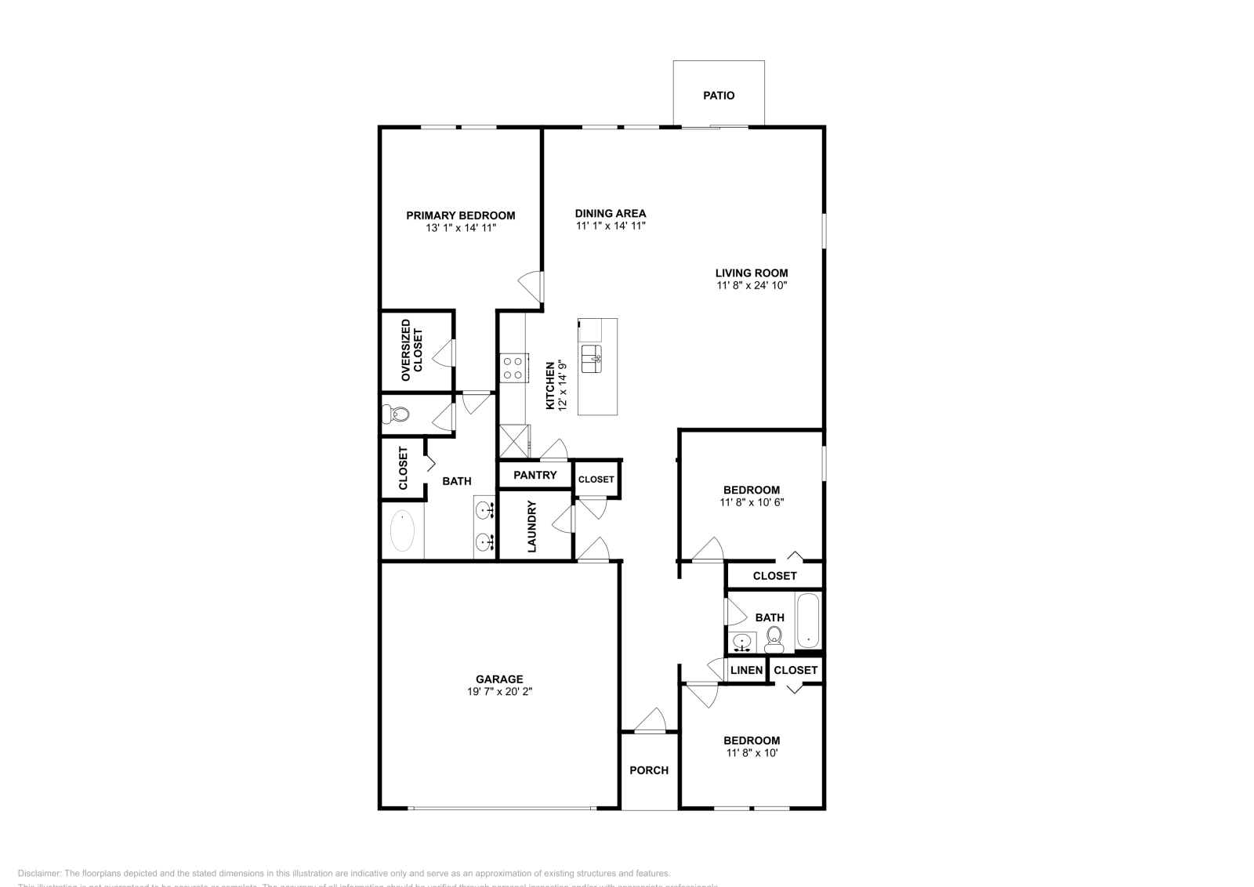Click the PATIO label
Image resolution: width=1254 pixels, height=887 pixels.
click(x=719, y=96)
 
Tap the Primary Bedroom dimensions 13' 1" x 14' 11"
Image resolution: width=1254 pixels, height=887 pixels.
click(x=460, y=228)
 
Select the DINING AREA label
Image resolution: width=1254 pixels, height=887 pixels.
click(x=610, y=213)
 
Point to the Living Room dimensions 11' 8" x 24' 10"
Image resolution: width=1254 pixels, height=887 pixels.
click(x=751, y=286)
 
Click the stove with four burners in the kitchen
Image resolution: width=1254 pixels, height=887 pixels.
click(x=513, y=367)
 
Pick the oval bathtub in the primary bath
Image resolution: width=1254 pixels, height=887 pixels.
click(x=403, y=531)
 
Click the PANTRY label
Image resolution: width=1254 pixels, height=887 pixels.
click(x=535, y=475)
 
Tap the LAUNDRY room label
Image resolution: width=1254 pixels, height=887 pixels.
click(x=531, y=527)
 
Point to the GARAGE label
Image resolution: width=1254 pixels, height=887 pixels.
click(x=499, y=679)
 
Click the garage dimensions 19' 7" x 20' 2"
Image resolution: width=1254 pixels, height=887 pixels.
click(x=499, y=692)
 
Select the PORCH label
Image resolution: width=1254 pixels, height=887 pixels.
click(x=649, y=770)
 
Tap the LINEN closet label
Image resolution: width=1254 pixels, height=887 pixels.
click(x=746, y=670)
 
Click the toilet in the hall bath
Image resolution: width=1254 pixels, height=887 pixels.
click(x=774, y=639)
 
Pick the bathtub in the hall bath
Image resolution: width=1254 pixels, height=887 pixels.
click(x=808, y=621)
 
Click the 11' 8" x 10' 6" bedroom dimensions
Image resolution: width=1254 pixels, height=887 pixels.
click(x=751, y=502)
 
